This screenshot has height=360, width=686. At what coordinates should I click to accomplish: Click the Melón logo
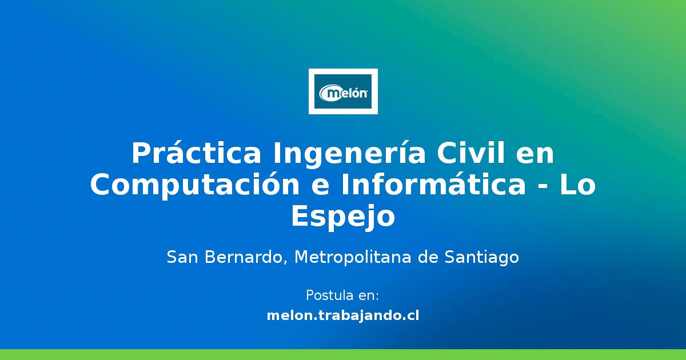[343, 91]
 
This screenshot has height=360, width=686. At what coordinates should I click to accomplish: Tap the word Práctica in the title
[197, 153]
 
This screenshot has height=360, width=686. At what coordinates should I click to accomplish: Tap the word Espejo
[343, 217]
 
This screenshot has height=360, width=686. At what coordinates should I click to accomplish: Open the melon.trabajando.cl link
[343, 315]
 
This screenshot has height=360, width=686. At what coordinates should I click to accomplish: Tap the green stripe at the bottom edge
[343, 354]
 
